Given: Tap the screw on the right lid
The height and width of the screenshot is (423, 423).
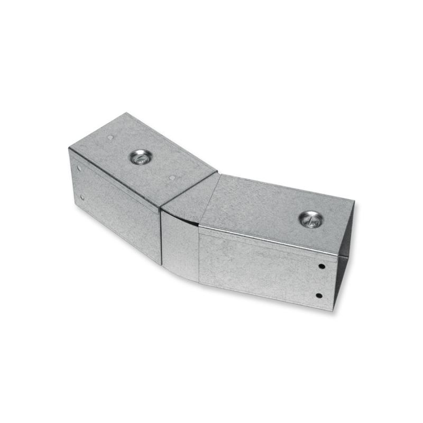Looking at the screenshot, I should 311,218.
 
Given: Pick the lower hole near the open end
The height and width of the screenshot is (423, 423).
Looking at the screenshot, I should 319,295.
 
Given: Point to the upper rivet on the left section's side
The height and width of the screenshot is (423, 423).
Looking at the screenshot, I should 79,169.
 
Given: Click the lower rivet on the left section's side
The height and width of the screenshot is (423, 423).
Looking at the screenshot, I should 82,198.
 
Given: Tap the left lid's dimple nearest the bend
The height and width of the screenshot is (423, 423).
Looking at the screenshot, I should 171,178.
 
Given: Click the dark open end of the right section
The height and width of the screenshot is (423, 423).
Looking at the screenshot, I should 345,254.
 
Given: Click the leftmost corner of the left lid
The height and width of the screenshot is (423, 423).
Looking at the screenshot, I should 69,149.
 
